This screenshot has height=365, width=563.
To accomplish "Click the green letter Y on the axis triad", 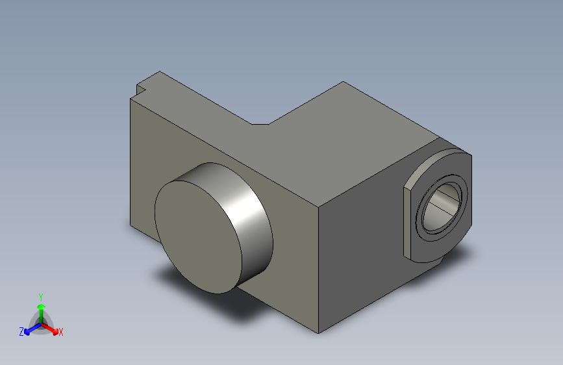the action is click(41, 297).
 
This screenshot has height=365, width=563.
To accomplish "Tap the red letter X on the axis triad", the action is click(60, 332).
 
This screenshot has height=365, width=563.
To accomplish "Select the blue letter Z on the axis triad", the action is click(21, 332).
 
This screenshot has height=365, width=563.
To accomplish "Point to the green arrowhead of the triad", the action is click(42, 307).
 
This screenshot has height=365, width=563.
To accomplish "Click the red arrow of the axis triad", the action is click(49, 329).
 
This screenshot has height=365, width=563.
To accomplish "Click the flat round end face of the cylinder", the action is click(198, 237).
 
